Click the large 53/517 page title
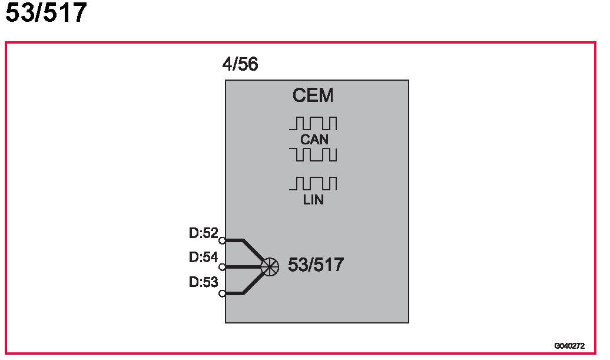(x=46, y=13)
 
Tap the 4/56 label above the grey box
(x=240, y=64)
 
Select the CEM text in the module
(x=313, y=95)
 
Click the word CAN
(x=314, y=140)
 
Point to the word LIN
(x=313, y=200)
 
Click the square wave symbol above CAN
(x=313, y=124)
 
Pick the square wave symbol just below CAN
(x=313, y=154)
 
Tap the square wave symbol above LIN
(x=313, y=184)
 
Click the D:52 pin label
(x=203, y=233)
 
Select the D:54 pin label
(x=203, y=257)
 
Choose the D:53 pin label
(x=203, y=282)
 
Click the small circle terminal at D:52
(x=222, y=240)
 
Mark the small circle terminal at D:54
(x=222, y=267)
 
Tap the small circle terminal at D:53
(x=222, y=293)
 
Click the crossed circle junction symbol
(x=270, y=267)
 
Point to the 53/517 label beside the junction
(x=316, y=265)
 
